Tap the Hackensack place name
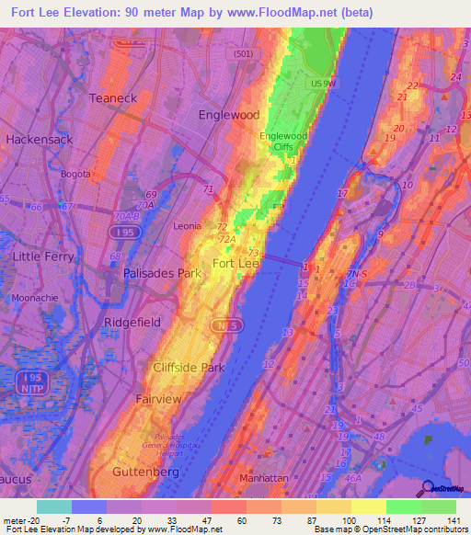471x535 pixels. [x=38, y=139]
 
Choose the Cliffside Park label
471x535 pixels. [x=189, y=368]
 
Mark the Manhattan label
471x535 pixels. [x=264, y=479]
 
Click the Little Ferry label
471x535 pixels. [x=40, y=256]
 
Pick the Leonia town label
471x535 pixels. [x=190, y=225]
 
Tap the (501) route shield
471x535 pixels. [x=241, y=54]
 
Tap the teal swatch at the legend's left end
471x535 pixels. [x=53, y=507]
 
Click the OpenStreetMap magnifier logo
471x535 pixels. [x=430, y=489]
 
